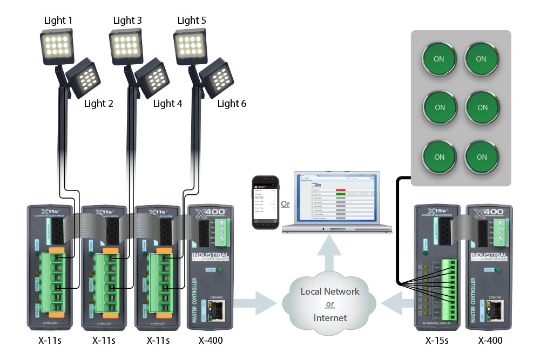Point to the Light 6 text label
pyautogui.click(x=232, y=103)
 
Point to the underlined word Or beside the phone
pyautogui.click(x=285, y=204)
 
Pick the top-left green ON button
pyautogui.click(x=439, y=58)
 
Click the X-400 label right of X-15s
pyautogui.click(x=490, y=341)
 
